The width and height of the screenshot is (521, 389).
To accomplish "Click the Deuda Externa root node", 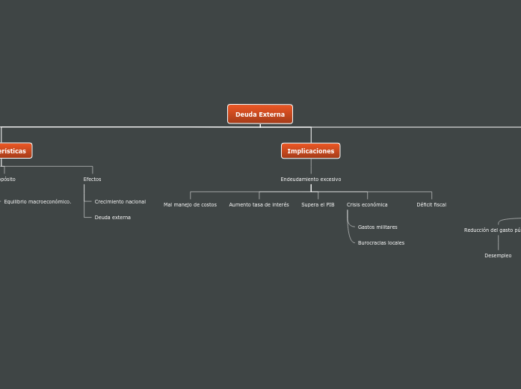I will coord(260,114).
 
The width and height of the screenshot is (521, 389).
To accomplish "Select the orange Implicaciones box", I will coord(311,151).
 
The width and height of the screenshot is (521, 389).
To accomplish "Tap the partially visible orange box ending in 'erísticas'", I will coord(14,151).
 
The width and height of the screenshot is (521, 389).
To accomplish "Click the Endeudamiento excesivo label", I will coord(311,180).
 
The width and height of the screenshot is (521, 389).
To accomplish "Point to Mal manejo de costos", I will coord(190,205).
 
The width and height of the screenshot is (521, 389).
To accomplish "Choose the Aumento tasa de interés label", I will coord(259,205).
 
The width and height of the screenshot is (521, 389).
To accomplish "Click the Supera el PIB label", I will coord(318,205).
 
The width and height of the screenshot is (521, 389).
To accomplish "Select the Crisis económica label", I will coord(367,205).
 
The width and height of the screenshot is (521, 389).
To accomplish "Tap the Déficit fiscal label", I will coord(431,205).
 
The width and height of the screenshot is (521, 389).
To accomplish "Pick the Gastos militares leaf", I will coord(377,227).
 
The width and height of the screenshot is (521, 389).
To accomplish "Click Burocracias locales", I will coord(381,243).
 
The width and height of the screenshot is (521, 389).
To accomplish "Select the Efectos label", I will coord(92,180).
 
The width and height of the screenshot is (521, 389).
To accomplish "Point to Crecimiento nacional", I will coord(120,202).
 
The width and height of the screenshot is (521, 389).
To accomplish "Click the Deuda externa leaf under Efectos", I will coord(113,218).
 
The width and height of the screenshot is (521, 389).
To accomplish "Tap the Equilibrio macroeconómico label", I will coord(37,202).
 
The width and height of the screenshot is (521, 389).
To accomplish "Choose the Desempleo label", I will coord(498,256).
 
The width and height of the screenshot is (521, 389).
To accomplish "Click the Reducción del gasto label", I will coord(492,230).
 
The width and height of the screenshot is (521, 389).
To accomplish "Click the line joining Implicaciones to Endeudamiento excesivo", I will coord(311,167).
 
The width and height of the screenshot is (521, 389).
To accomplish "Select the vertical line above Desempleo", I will coord(498,243).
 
